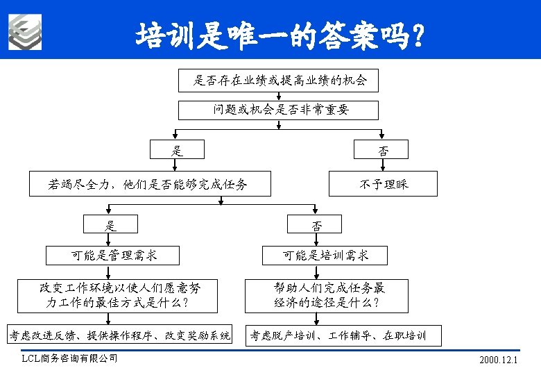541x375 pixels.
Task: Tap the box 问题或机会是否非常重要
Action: [x=279, y=110]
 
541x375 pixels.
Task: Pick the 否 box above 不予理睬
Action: [x=382, y=150]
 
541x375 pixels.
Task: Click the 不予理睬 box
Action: [x=383, y=184]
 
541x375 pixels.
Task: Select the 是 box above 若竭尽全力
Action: [x=178, y=150]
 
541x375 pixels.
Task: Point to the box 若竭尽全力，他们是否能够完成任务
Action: [x=148, y=184]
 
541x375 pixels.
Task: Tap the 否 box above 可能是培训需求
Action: [x=316, y=224]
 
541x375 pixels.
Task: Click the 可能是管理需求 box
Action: [x=114, y=256]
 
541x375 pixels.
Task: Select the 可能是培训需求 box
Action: [x=325, y=256]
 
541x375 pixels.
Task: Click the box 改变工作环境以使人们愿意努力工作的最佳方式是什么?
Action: [x=119, y=294]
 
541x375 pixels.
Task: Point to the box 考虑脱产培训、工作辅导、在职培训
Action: [x=337, y=336]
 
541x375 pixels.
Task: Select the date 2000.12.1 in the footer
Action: [x=499, y=360]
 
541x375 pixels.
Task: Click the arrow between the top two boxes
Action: [x=279, y=96]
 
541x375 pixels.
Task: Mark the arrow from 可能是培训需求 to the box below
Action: [x=316, y=273]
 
